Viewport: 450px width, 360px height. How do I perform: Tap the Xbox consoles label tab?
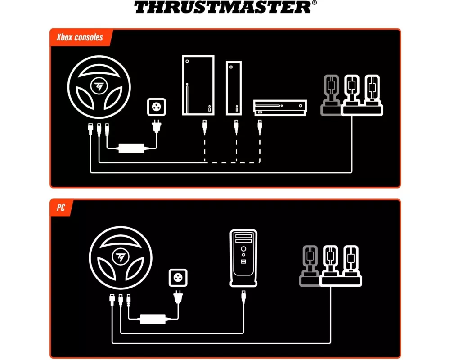(81, 37)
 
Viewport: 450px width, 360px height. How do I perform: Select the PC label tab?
(61, 207)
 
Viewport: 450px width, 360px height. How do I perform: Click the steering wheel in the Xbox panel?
(99, 87)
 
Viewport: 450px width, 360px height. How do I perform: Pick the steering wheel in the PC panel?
(121, 258)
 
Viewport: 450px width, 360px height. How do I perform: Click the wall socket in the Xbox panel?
(157, 107)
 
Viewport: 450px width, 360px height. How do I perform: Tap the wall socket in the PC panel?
(178, 278)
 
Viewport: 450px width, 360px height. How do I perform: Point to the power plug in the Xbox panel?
(157, 126)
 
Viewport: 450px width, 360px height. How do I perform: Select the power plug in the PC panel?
(178, 297)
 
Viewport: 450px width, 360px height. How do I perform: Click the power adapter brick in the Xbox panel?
(131, 148)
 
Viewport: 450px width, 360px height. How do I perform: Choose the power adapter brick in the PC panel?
(153, 319)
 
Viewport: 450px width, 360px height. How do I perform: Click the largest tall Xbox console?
(198, 85)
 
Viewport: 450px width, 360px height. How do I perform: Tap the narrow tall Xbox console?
(234, 88)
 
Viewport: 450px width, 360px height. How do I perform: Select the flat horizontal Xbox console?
(280, 108)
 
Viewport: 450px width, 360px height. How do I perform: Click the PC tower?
(243, 258)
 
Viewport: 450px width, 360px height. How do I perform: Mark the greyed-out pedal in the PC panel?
(310, 266)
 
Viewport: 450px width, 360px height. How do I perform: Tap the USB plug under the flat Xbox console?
(260, 127)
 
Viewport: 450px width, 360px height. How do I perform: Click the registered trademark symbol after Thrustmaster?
(315, 3)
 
